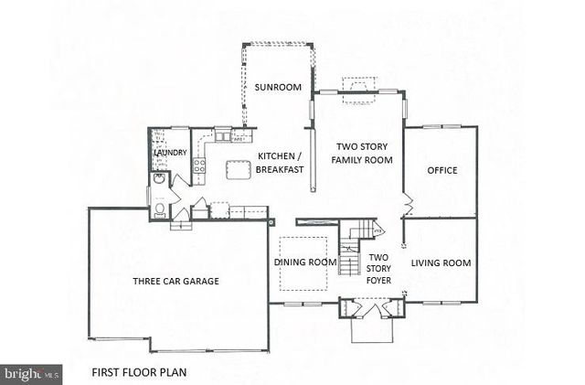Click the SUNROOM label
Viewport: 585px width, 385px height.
[x=278, y=88]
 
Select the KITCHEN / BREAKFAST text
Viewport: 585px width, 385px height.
[x=275, y=163]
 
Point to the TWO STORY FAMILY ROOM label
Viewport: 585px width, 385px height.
[x=364, y=153]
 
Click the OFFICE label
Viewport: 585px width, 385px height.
[x=441, y=170]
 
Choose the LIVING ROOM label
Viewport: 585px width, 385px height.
[x=441, y=263]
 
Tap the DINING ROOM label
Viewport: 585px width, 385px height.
[x=305, y=262]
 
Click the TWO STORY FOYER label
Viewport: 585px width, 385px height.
[x=378, y=269]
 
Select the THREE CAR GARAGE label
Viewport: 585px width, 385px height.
[x=175, y=281]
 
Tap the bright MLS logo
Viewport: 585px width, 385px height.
[x=31, y=373]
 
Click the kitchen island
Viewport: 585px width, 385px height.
[x=239, y=168]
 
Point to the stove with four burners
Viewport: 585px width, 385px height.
[x=197, y=166]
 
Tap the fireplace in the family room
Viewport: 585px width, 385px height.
[x=356, y=85]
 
